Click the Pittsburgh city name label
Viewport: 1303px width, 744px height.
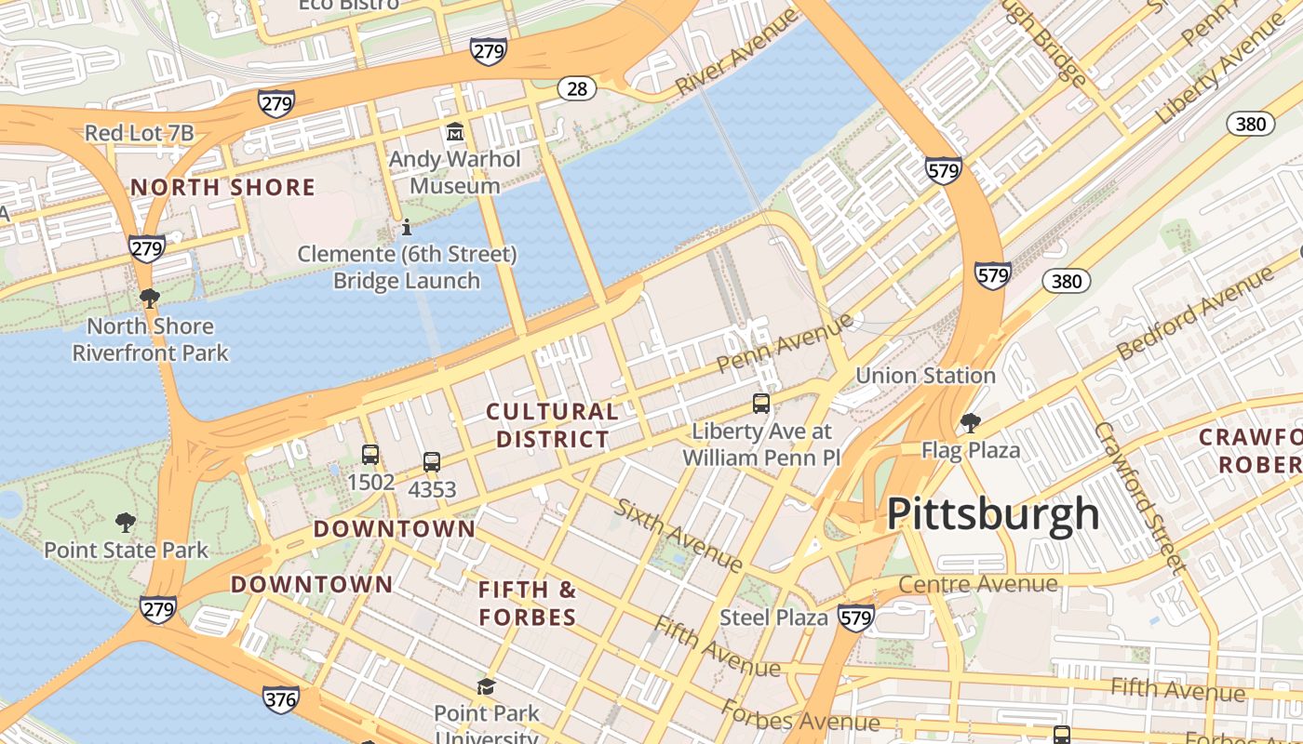coord(993,514)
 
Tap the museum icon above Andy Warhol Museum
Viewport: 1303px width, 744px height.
coord(455,132)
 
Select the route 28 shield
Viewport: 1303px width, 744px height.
coord(577,88)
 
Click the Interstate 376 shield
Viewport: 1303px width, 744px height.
coord(281,698)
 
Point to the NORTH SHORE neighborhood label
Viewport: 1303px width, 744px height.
coord(222,187)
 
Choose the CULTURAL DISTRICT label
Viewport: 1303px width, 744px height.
coord(553,425)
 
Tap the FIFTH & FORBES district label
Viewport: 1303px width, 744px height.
coord(528,603)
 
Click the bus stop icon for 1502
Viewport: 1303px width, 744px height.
coord(370,455)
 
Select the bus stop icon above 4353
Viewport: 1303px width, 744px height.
coord(432,461)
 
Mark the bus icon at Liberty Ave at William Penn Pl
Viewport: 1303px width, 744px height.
coord(761,404)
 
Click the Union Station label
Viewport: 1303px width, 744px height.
coord(925,376)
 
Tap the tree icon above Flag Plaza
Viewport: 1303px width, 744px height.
coord(971,423)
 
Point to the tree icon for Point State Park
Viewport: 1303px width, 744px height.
coord(126,523)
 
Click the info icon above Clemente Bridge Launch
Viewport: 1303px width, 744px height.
coord(406,227)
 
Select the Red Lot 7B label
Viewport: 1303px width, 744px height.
coord(140,133)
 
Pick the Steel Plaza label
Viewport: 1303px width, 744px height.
coord(773,618)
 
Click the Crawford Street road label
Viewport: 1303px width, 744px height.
coord(1140,498)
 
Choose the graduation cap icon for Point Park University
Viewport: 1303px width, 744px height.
coord(486,686)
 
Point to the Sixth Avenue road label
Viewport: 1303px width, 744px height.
coord(678,535)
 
